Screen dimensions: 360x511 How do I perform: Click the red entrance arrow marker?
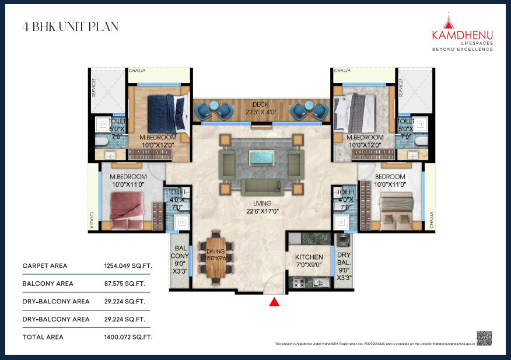click(273, 302)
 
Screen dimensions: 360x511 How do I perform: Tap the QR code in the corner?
click(484, 338)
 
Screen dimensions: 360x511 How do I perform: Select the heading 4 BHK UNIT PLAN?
click(70, 26)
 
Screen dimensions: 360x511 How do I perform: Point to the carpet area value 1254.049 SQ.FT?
click(128, 266)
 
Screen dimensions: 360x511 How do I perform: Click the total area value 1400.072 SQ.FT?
click(128, 337)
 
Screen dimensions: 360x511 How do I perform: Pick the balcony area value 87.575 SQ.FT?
click(124, 284)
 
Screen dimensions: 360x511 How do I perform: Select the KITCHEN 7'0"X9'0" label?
click(309, 260)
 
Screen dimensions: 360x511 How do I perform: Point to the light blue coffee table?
click(261, 158)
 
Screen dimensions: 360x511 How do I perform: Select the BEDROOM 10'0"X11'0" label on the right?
click(390, 180)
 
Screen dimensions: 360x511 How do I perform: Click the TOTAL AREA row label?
click(43, 337)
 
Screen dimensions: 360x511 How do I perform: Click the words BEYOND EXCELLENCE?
click(462, 50)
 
